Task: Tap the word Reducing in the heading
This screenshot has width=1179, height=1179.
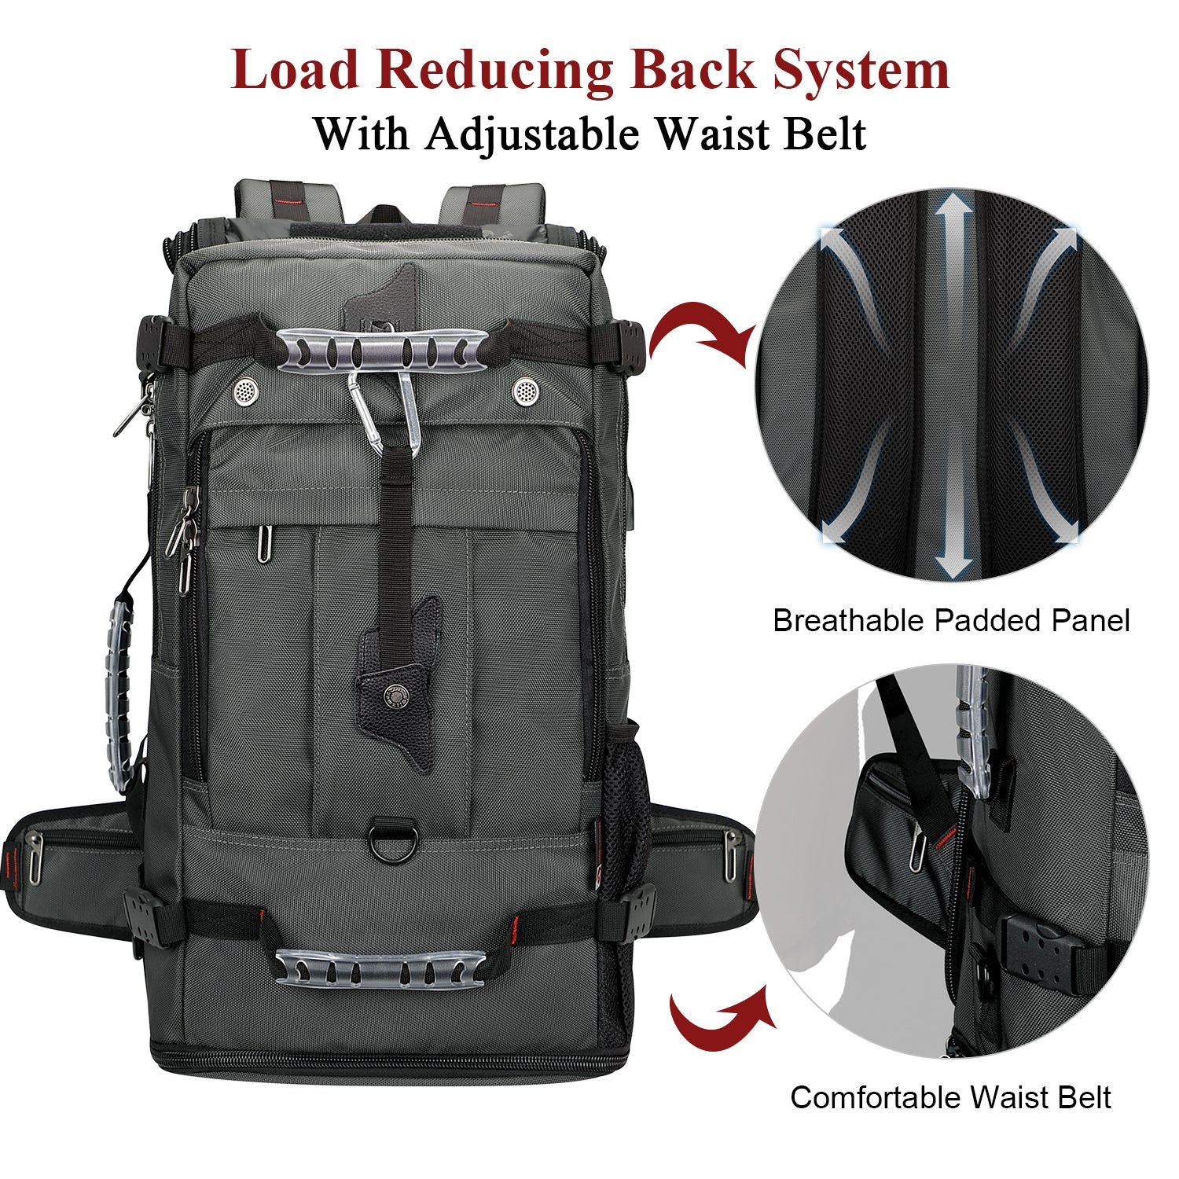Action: (494, 71)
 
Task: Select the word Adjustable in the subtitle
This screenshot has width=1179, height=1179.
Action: (533, 134)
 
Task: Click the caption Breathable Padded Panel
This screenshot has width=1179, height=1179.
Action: (951, 621)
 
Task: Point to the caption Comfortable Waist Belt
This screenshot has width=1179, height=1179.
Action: (950, 1097)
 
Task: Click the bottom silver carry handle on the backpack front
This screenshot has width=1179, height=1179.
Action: (380, 968)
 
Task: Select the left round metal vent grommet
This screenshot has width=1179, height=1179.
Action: (245, 390)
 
